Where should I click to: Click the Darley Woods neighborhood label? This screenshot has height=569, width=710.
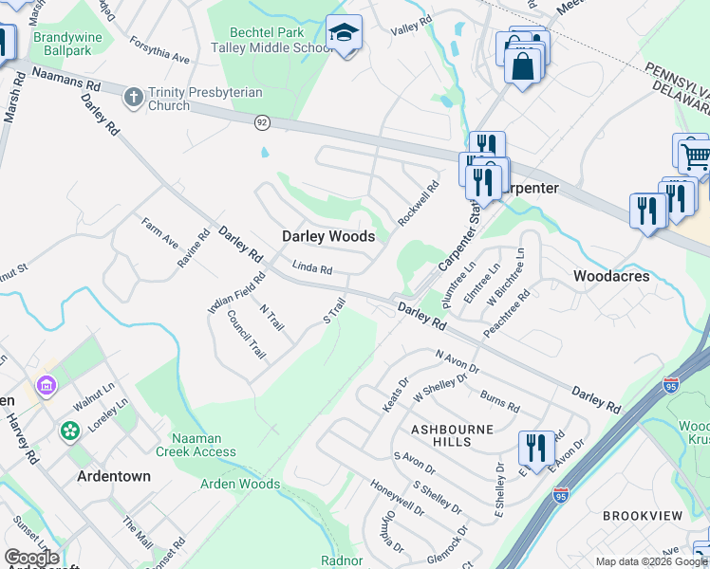[328, 236]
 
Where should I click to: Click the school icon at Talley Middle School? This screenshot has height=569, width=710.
[342, 35]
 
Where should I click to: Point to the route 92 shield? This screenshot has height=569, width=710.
[262, 122]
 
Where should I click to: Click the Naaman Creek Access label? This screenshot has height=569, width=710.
[203, 445]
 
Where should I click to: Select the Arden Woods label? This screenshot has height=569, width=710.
[240, 485]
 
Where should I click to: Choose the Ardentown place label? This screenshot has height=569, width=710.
[114, 476]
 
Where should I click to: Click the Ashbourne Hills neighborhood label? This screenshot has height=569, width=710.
[453, 435]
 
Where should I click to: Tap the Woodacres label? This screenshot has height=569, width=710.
[611, 276]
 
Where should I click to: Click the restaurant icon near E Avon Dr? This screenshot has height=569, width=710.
[536, 449]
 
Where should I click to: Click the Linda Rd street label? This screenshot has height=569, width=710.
[311, 269]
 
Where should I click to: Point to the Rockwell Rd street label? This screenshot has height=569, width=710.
[419, 203]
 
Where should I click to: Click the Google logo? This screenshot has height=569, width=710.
[32, 558]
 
